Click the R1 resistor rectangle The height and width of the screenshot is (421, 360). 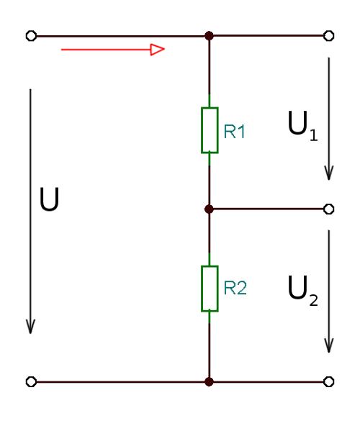pyautogui.click(x=202, y=130)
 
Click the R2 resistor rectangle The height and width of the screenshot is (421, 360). pyautogui.click(x=202, y=289)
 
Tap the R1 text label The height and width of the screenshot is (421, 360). pyautogui.click(x=234, y=132)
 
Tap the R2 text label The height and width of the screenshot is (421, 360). pyautogui.click(x=235, y=288)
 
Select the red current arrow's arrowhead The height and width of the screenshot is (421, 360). pyautogui.click(x=158, y=50)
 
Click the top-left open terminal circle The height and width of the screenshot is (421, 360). pyautogui.click(x=31, y=36)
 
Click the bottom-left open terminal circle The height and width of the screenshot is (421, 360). pyautogui.click(x=31, y=381)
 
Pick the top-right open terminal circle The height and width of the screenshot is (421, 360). pyautogui.click(x=329, y=36)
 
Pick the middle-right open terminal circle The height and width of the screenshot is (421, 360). pyautogui.click(x=329, y=209)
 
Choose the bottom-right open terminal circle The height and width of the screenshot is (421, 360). pyautogui.click(x=329, y=381)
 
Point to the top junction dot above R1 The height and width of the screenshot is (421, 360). pyautogui.click(x=209, y=36)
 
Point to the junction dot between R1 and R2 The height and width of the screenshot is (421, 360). pyautogui.click(x=209, y=209)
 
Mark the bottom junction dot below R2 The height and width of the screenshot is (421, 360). pyautogui.click(x=209, y=381)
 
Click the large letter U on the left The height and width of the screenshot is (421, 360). pyautogui.click(x=49, y=199)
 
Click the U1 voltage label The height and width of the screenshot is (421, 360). pyautogui.click(x=302, y=126)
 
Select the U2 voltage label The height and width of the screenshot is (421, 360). pyautogui.click(x=303, y=291)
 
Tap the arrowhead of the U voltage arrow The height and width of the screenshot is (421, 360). pyautogui.click(x=30, y=327)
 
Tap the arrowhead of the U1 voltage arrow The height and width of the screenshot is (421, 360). pyautogui.click(x=329, y=173)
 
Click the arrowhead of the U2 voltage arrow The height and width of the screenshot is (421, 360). pyautogui.click(x=329, y=345)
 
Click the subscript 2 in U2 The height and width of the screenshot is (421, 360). pyautogui.click(x=313, y=300)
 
